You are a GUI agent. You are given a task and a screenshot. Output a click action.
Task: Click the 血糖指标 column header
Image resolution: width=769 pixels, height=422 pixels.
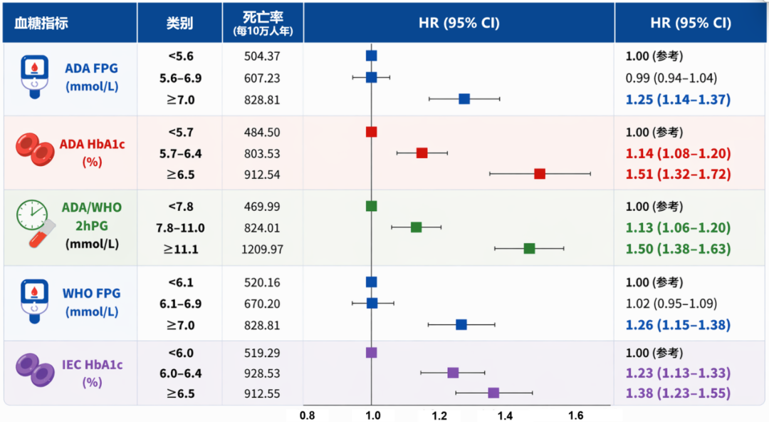tap(41, 23)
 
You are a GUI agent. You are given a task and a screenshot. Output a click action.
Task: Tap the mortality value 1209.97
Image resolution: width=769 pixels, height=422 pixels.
tap(262, 249)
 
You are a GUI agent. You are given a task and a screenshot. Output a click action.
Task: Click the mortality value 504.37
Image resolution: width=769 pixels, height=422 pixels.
tap(262, 56)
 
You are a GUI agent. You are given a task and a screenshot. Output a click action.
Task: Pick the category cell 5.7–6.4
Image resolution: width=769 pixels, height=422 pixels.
tap(180, 153)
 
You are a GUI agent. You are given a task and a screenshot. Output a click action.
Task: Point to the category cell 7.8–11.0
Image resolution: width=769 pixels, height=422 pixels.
tap(180, 228)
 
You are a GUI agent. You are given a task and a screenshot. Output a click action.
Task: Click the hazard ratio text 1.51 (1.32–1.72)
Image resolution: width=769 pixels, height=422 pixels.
tap(678, 175)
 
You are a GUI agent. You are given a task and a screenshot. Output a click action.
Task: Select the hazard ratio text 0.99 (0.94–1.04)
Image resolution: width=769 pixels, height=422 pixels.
tap(671, 78)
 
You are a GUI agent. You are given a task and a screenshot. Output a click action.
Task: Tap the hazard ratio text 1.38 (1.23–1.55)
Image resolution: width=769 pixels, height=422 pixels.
tap(678, 393)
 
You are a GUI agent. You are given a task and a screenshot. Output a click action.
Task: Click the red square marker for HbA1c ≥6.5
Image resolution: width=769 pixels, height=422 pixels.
tap(540, 174)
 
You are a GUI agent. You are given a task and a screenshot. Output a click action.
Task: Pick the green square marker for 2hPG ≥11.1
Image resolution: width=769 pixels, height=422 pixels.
tap(529, 248)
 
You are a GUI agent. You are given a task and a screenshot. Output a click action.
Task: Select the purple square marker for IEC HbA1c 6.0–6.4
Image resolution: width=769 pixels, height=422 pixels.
tap(453, 372)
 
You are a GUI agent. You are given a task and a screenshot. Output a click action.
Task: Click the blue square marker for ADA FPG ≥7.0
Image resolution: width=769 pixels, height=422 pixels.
tap(464, 98)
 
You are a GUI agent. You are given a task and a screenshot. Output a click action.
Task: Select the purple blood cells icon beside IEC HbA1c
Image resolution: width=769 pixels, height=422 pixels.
tap(36, 370)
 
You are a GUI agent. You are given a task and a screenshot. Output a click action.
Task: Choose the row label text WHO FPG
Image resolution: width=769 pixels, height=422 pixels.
tap(91, 293)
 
